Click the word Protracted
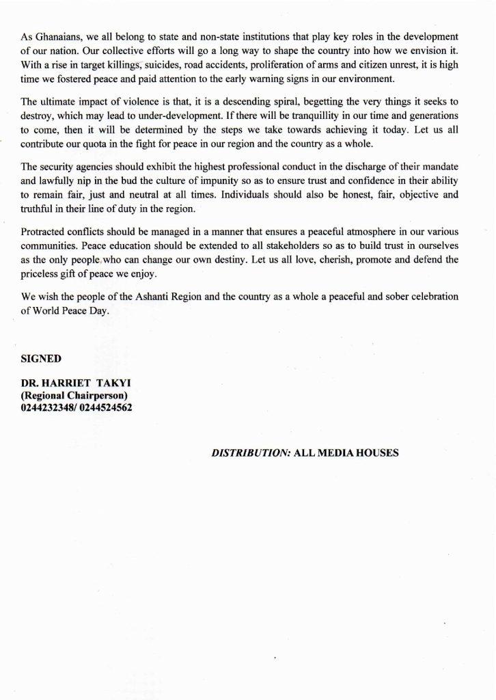click(43, 232)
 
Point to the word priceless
click(40, 275)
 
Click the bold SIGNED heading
click(41, 358)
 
